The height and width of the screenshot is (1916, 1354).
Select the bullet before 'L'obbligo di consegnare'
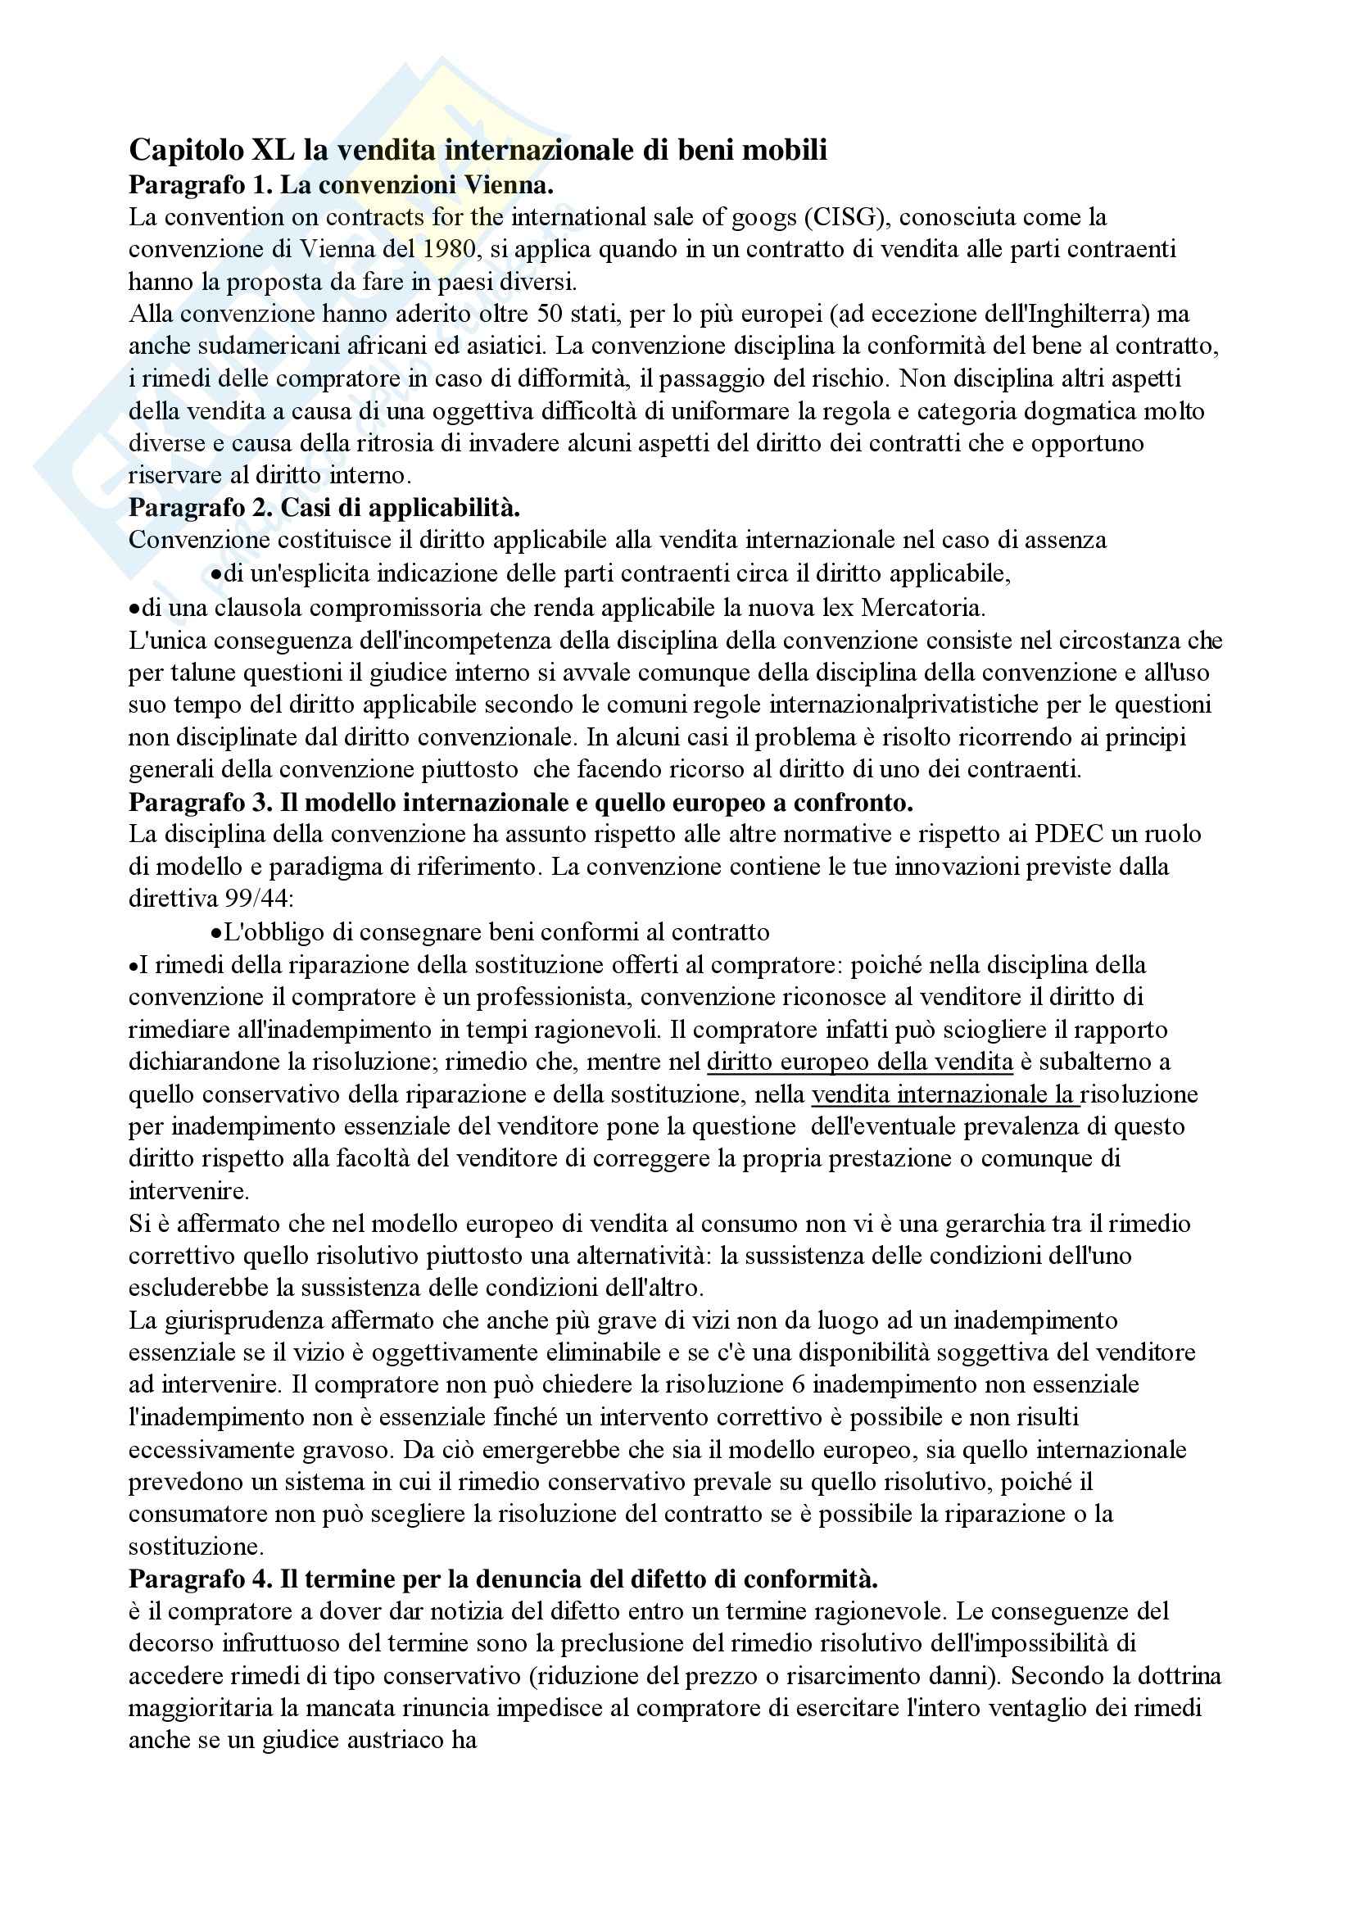click(x=216, y=933)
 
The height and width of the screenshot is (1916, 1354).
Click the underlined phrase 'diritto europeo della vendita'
click(x=859, y=1062)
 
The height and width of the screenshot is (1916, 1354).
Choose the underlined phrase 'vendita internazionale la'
click(x=944, y=1095)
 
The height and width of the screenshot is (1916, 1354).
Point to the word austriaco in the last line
click(x=388, y=1741)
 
